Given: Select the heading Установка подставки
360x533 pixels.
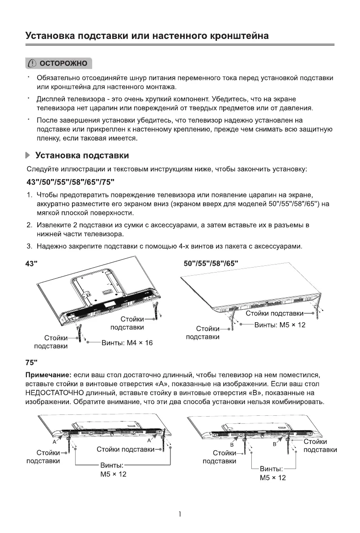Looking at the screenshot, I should pyautogui.click(x=82, y=156).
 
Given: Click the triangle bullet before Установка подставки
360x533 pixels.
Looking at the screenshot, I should pyautogui.click(x=28, y=156).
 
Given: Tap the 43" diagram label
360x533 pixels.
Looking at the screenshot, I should pyautogui.click(x=31, y=264).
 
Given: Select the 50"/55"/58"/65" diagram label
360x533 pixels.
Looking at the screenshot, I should pyautogui.click(x=211, y=264).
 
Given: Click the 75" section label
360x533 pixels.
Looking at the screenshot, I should pyautogui.click(x=31, y=362).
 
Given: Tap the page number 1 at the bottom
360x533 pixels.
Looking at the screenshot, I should pyautogui.click(x=180, y=515).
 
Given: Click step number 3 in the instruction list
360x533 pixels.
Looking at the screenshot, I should pyautogui.click(x=29, y=246).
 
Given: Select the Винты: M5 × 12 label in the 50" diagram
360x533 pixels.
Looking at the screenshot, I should pyautogui.click(x=280, y=325).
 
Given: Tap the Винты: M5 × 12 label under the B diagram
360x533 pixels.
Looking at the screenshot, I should pyautogui.click(x=272, y=473).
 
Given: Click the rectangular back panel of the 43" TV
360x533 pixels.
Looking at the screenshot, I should pyautogui.click(x=92, y=284).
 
